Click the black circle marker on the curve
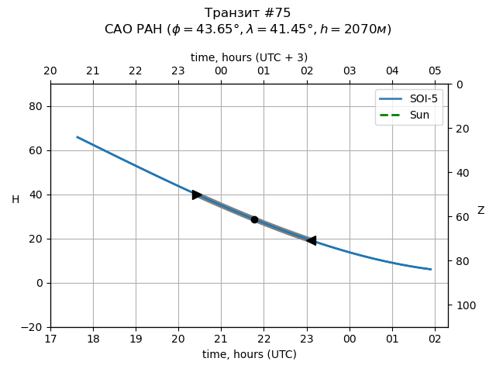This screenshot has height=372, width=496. (x=254, y=219)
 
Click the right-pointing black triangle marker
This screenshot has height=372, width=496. (x=197, y=195)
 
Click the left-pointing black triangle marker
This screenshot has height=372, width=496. (x=312, y=240)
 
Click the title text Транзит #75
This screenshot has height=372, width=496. (x=248, y=13)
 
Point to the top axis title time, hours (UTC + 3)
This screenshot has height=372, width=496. (x=249, y=57)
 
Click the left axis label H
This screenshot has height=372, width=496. (x=15, y=200)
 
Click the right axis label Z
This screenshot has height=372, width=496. (x=480, y=210)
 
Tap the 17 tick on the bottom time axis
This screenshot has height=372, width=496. (x=50, y=339)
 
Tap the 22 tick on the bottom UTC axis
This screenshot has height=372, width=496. (x=264, y=339)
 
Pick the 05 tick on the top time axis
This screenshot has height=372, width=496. (x=435, y=71)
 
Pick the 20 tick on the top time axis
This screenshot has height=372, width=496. (x=50, y=71)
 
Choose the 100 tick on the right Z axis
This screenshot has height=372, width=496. (x=463, y=305)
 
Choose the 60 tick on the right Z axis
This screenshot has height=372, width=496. (x=460, y=217)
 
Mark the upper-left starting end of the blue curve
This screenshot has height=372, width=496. (x=77, y=137)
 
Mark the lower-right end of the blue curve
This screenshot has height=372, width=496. (x=431, y=270)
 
